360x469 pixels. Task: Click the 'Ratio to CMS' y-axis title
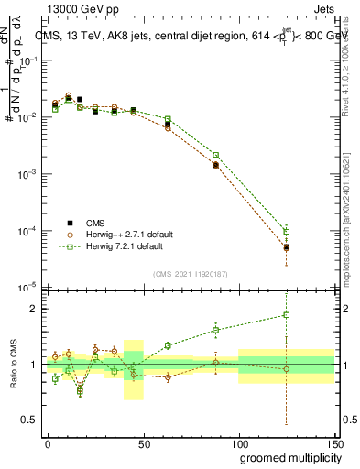click(14, 365)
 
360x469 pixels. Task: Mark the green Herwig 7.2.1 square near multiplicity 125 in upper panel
click(287, 231)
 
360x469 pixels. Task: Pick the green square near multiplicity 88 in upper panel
click(215, 155)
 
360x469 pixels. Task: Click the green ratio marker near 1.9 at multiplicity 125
click(287, 315)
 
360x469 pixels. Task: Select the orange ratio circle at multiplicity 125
click(287, 369)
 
